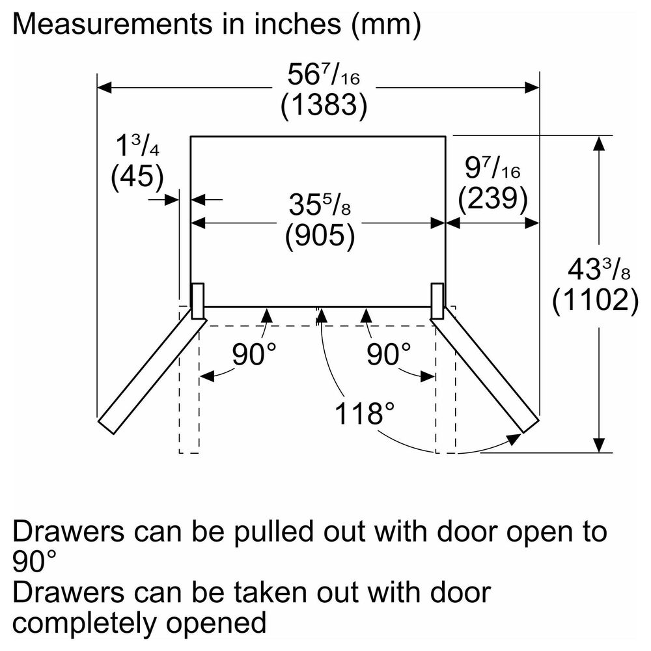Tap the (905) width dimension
320,236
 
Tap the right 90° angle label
389,355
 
